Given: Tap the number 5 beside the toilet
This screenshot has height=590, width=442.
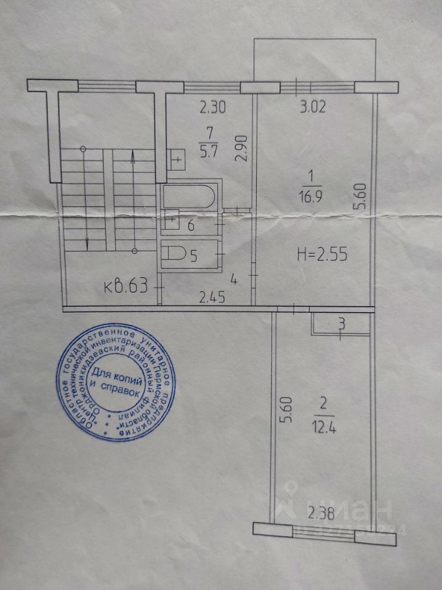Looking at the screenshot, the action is click(x=193, y=256).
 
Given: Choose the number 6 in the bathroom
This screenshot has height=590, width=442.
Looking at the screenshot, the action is click(x=191, y=226).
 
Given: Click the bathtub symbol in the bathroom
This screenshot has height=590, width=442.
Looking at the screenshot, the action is click(x=188, y=196).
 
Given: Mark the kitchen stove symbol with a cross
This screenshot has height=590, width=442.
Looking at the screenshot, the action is click(x=176, y=159).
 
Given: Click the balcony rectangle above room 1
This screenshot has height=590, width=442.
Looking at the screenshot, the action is click(x=315, y=61).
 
